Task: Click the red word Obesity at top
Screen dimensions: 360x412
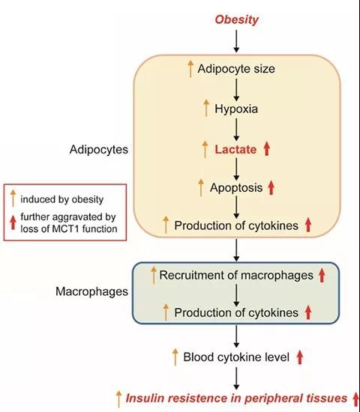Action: point(236,19)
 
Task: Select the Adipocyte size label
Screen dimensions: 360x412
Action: point(236,69)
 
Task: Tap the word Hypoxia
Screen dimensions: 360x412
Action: point(236,109)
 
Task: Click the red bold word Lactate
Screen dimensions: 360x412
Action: point(235,150)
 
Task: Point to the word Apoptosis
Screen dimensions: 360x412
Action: point(236,187)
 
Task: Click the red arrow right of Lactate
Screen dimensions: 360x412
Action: point(267,149)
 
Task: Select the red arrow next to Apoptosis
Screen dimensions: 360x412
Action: point(271,187)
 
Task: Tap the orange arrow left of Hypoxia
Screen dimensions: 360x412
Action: point(206,108)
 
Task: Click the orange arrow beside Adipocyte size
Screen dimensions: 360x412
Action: point(190,69)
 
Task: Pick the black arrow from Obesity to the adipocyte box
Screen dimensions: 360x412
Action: point(236,41)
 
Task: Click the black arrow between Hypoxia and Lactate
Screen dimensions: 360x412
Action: point(236,130)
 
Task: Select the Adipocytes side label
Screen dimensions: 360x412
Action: point(99,150)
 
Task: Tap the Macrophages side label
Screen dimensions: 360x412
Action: point(91,291)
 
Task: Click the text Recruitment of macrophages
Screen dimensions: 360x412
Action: point(236,276)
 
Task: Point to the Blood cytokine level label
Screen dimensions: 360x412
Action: point(236,357)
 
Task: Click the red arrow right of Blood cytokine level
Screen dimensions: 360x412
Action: point(299,357)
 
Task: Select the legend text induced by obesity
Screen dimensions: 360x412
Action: point(61,199)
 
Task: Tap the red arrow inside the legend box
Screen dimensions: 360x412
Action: point(13,222)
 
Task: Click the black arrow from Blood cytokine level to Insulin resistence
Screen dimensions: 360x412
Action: point(236,378)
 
